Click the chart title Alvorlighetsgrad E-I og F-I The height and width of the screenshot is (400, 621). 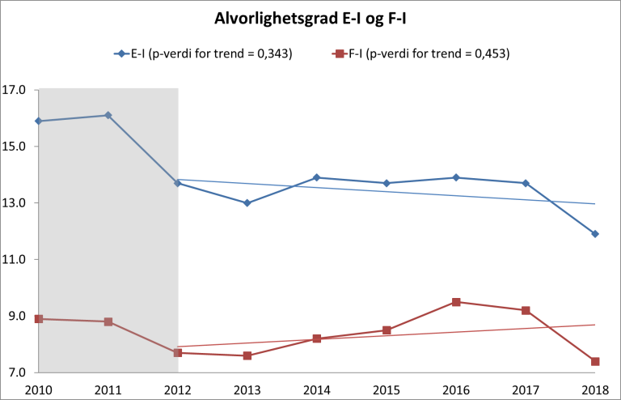point(310,18)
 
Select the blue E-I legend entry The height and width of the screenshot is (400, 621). point(202,54)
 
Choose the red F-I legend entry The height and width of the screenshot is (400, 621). point(420,54)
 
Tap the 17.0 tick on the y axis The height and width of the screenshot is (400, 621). point(16,90)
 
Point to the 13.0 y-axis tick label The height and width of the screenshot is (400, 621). point(16,203)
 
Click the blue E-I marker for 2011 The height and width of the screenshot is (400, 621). point(108,116)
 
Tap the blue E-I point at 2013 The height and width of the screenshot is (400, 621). point(247,203)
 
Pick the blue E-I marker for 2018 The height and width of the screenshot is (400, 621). point(595,234)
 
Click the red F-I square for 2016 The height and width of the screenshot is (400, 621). point(456,302)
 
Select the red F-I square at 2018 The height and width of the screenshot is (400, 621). point(595,361)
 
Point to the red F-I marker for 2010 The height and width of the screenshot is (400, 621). point(39,319)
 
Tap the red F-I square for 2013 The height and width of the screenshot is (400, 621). point(247,355)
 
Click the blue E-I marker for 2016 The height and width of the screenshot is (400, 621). point(456,177)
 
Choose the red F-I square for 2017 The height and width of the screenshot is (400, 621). point(526,310)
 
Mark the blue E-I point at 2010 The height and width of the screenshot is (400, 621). point(39,121)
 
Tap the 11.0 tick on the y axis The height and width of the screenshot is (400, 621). point(16,260)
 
